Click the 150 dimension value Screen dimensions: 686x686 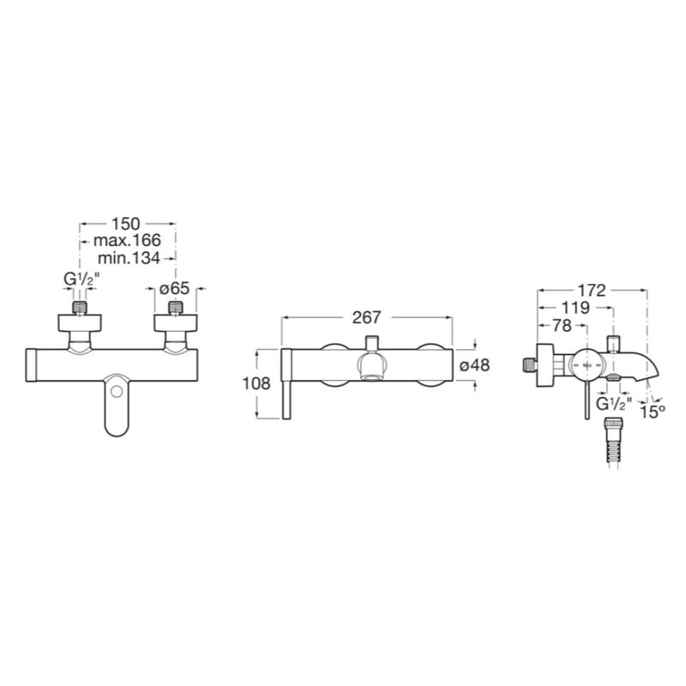pyautogui.click(x=125, y=224)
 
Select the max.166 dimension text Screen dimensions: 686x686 pyautogui.click(x=127, y=240)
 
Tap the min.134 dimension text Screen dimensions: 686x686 pyautogui.click(x=129, y=258)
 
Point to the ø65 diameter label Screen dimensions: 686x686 pyautogui.click(x=175, y=289)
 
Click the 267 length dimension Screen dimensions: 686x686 pyautogui.click(x=367, y=317)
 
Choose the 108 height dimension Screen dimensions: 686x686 pyautogui.click(x=256, y=383)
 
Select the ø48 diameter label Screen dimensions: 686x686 pyautogui.click(x=475, y=365)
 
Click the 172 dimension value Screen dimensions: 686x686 pyautogui.click(x=592, y=290)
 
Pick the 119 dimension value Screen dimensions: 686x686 pyautogui.click(x=575, y=308)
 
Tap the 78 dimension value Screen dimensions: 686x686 pyautogui.click(x=563, y=326)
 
